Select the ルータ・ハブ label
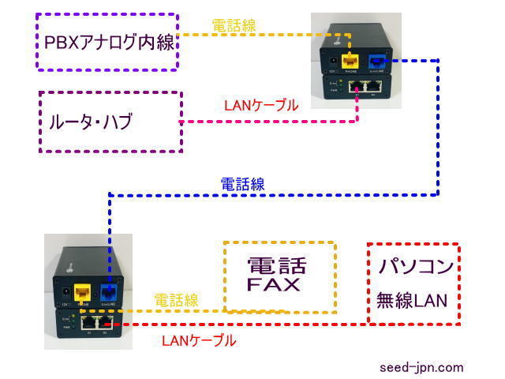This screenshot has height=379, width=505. tap(88, 122)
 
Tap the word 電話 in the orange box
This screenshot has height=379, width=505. tap(277, 265)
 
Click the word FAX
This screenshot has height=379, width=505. tap(274, 284)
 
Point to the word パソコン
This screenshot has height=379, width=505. tap(414, 266)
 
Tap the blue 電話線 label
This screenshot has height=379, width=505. tap(242, 184)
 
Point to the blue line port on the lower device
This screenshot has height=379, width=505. tap(109, 291)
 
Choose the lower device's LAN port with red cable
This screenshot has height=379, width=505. tap(102, 322)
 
